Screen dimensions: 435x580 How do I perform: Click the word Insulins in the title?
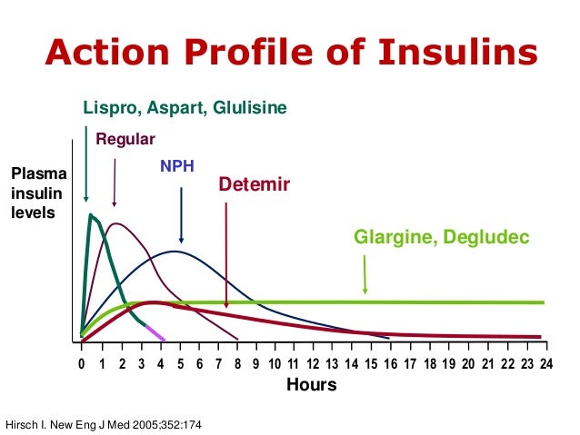point(455,54)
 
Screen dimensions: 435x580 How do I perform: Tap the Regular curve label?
point(125,139)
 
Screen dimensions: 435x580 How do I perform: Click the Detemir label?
point(255,185)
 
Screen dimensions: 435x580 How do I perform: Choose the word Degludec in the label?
point(484,238)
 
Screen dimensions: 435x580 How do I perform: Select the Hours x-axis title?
point(312,384)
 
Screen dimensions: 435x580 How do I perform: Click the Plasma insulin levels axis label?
point(33,193)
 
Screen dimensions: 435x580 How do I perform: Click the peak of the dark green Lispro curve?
point(91,215)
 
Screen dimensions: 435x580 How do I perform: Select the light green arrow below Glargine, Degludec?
point(365,273)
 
